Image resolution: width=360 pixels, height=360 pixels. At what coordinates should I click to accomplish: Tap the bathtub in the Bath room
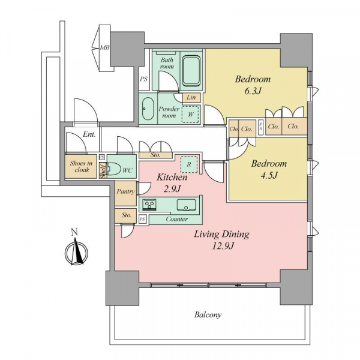(x=191, y=71)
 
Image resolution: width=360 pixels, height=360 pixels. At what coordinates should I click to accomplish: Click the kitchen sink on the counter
(x=186, y=205)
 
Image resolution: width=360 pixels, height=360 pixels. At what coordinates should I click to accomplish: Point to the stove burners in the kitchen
(x=149, y=204)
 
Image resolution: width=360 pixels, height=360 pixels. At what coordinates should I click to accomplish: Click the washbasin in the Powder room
(x=148, y=109)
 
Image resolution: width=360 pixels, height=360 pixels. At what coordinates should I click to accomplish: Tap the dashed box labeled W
(x=190, y=114)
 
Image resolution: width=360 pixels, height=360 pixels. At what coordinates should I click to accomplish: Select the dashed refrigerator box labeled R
(x=189, y=164)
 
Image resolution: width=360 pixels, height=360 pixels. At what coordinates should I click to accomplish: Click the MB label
(x=104, y=48)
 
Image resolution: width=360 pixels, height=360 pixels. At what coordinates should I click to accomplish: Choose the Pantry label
(x=125, y=191)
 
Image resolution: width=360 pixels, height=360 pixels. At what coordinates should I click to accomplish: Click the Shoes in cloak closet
(x=80, y=167)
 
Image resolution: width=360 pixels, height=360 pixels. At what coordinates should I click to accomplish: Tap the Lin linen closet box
(x=191, y=97)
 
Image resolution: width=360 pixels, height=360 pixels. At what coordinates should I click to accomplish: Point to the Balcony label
(x=208, y=315)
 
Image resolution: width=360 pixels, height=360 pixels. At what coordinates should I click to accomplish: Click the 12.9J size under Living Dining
(x=223, y=247)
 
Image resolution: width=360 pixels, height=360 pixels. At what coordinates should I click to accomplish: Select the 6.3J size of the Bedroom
(x=253, y=91)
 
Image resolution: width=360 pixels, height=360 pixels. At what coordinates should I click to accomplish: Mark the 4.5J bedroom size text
(x=269, y=175)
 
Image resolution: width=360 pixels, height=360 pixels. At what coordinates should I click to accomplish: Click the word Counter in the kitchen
(x=177, y=219)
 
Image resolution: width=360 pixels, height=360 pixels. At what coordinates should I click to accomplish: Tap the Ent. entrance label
(x=89, y=134)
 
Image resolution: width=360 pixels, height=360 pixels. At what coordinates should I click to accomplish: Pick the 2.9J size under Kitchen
(x=172, y=189)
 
